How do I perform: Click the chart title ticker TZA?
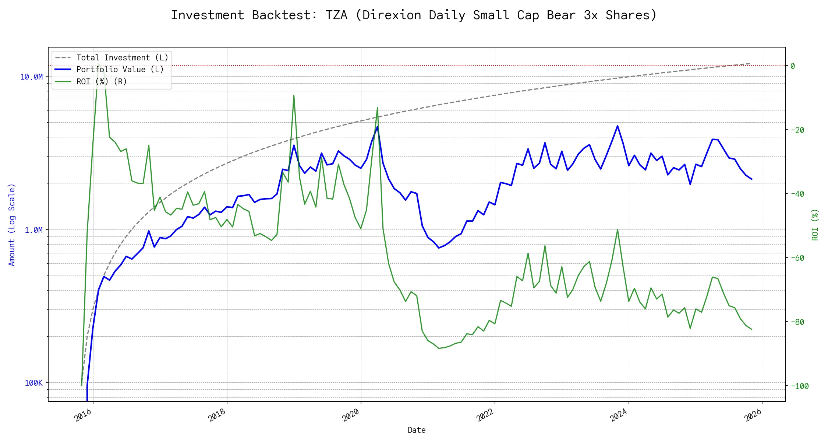tap(336, 15)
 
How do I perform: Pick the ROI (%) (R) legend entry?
tap(102, 81)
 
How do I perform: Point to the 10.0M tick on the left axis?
tap(31, 77)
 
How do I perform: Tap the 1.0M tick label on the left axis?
tap(33, 230)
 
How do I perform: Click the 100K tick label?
tap(33, 383)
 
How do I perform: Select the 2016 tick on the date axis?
tap(83, 415)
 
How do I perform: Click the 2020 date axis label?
tap(351, 415)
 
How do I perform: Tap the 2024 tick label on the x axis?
tap(619, 415)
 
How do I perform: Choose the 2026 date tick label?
tap(753, 415)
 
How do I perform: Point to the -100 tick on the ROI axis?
tap(799, 386)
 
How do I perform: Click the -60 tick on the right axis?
tap(797, 258)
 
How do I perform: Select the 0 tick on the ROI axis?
tap(793, 66)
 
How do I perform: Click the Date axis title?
tap(417, 430)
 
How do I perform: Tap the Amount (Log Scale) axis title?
tap(12, 225)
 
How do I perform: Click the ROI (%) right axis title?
tap(815, 225)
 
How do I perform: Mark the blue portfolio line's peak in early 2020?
tap(377, 127)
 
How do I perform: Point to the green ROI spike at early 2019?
tap(294, 96)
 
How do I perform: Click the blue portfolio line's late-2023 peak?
tap(618, 126)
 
